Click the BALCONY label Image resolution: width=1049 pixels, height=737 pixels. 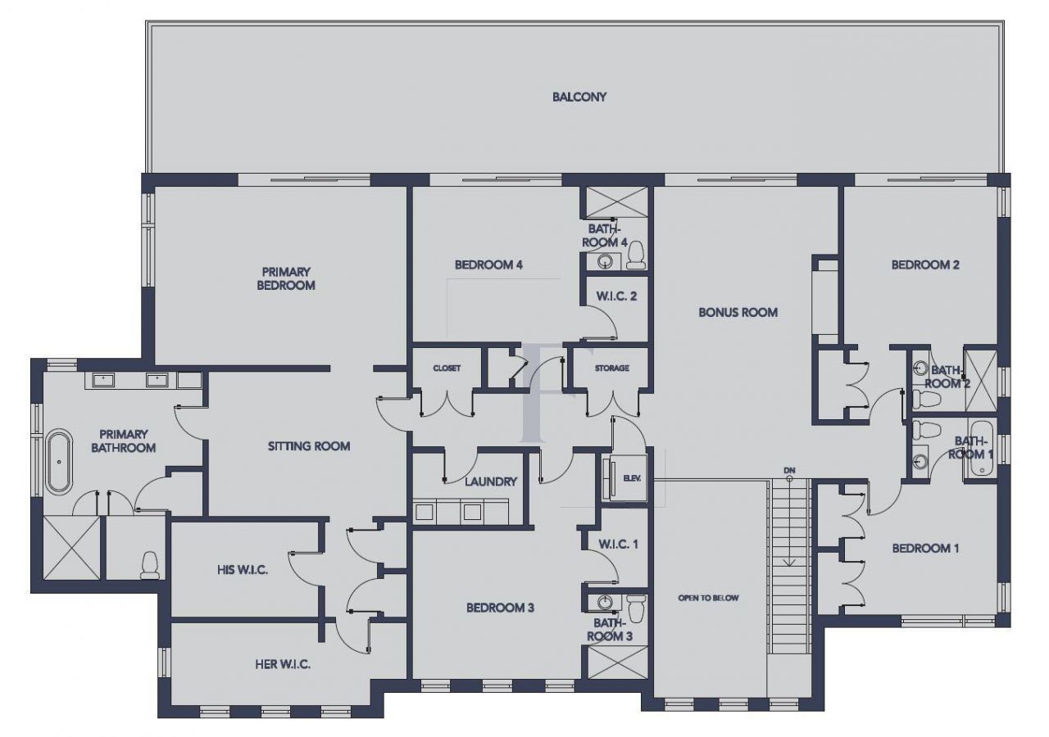click(579, 97)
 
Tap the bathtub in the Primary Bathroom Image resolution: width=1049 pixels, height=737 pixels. click(58, 461)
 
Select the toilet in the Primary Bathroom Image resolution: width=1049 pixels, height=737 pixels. click(149, 564)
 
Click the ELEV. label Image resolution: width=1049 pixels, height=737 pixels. click(632, 478)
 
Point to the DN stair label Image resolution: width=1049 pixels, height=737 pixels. click(789, 469)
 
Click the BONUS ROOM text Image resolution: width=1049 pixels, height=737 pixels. click(738, 312)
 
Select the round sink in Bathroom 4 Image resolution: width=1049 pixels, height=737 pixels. click(606, 262)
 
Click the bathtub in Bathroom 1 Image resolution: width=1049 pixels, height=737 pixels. click(980, 450)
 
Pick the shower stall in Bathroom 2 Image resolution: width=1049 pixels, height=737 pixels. click(980, 379)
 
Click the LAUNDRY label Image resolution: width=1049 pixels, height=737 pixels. click(490, 482)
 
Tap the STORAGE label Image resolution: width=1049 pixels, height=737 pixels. click(611, 368)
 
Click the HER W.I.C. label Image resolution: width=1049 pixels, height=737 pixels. click(283, 664)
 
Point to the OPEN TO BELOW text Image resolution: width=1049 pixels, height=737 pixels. click(708, 598)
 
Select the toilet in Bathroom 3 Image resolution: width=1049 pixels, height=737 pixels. click(636, 607)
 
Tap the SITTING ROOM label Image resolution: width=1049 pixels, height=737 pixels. click(309, 446)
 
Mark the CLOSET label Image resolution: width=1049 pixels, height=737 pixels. click(447, 368)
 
